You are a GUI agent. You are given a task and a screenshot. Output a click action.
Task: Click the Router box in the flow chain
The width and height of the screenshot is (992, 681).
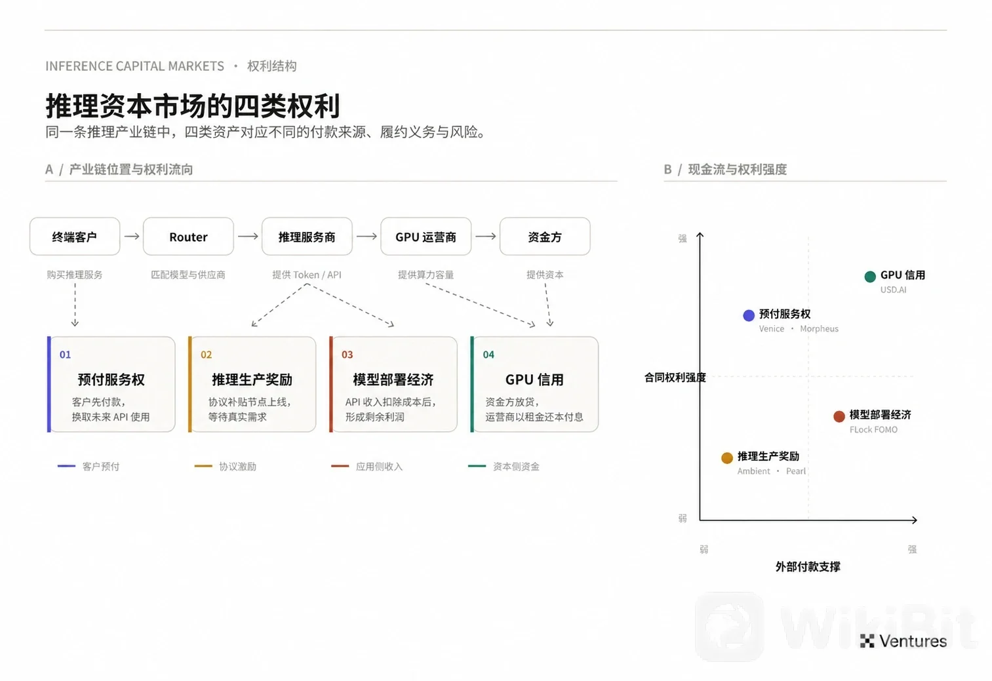coord(188,237)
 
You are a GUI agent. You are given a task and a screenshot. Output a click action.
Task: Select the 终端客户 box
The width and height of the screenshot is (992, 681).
coord(75,237)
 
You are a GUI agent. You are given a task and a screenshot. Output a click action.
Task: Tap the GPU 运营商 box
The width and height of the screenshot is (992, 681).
coord(426,237)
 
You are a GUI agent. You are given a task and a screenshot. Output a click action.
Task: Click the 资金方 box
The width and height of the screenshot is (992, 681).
coord(545,237)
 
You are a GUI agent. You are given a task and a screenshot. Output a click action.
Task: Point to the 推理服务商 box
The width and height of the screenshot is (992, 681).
coord(307,237)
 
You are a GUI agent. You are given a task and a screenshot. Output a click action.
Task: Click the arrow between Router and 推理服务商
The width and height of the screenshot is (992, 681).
coord(248,237)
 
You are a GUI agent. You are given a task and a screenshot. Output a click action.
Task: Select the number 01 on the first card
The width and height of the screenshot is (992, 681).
coord(65,355)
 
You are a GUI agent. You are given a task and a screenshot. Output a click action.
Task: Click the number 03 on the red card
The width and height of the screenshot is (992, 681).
coord(347,355)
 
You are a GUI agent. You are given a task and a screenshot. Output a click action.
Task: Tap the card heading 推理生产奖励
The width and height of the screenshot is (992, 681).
coord(252,379)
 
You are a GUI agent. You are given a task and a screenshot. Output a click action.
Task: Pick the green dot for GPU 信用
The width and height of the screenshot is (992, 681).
coord(870,277)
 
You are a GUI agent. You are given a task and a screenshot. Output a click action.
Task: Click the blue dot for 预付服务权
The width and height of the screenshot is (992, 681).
coord(749,315)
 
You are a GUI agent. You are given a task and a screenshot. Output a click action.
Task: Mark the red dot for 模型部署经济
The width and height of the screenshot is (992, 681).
coord(839,416)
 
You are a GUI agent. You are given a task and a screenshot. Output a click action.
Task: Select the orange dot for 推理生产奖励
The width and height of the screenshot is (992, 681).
coord(726,458)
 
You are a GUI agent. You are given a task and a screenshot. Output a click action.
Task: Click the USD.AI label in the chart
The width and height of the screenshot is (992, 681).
coord(893,290)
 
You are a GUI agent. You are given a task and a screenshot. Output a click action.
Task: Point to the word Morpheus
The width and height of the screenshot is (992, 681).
coord(820,328)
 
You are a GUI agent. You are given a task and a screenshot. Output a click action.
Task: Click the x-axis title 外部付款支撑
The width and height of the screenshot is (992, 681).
coord(808,567)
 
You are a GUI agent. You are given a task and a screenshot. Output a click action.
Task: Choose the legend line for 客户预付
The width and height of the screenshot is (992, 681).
coord(66,466)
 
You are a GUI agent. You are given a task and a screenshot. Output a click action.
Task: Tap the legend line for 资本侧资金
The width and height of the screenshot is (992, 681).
coord(477,466)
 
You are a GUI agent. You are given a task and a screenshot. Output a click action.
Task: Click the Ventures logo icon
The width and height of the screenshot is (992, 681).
coord(867,641)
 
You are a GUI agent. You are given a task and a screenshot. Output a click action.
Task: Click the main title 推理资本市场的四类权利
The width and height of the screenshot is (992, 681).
coord(193,106)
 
